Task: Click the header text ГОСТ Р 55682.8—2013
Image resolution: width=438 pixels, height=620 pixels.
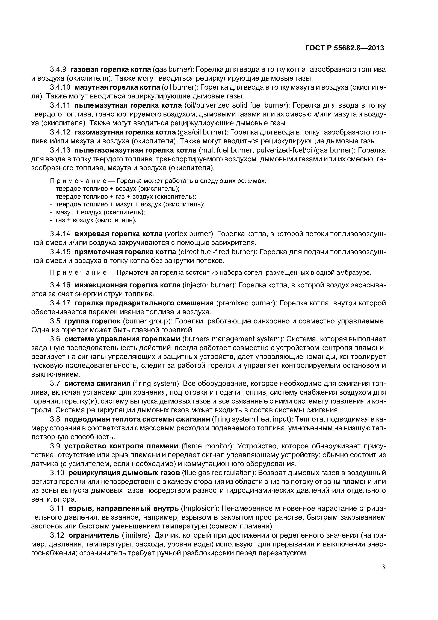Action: click(344, 48)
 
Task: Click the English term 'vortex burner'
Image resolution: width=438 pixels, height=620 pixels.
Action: click(190, 234)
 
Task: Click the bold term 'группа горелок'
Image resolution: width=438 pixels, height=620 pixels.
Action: click(92, 321)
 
